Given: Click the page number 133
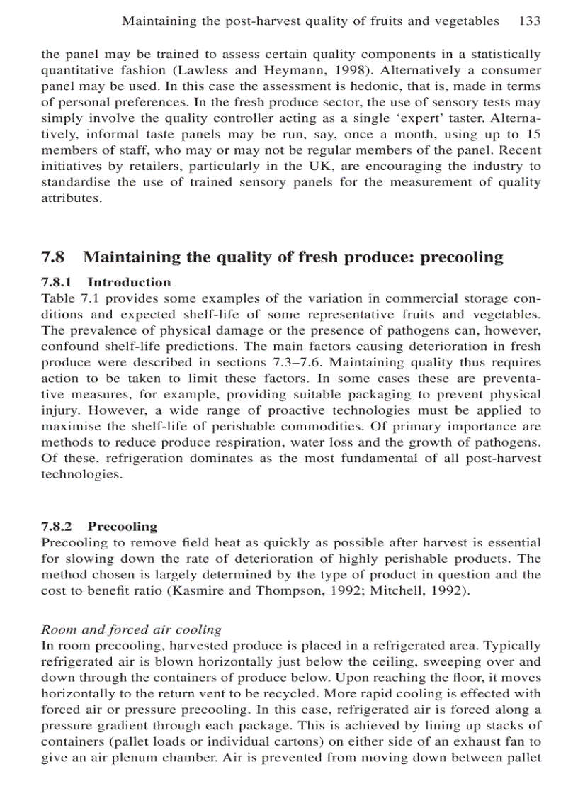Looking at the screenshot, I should pos(530,21).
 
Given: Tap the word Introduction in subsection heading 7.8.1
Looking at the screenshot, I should pos(129,282).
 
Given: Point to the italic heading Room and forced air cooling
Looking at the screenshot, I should pos(131,629).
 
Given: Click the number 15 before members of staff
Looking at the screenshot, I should pos(533,134).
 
